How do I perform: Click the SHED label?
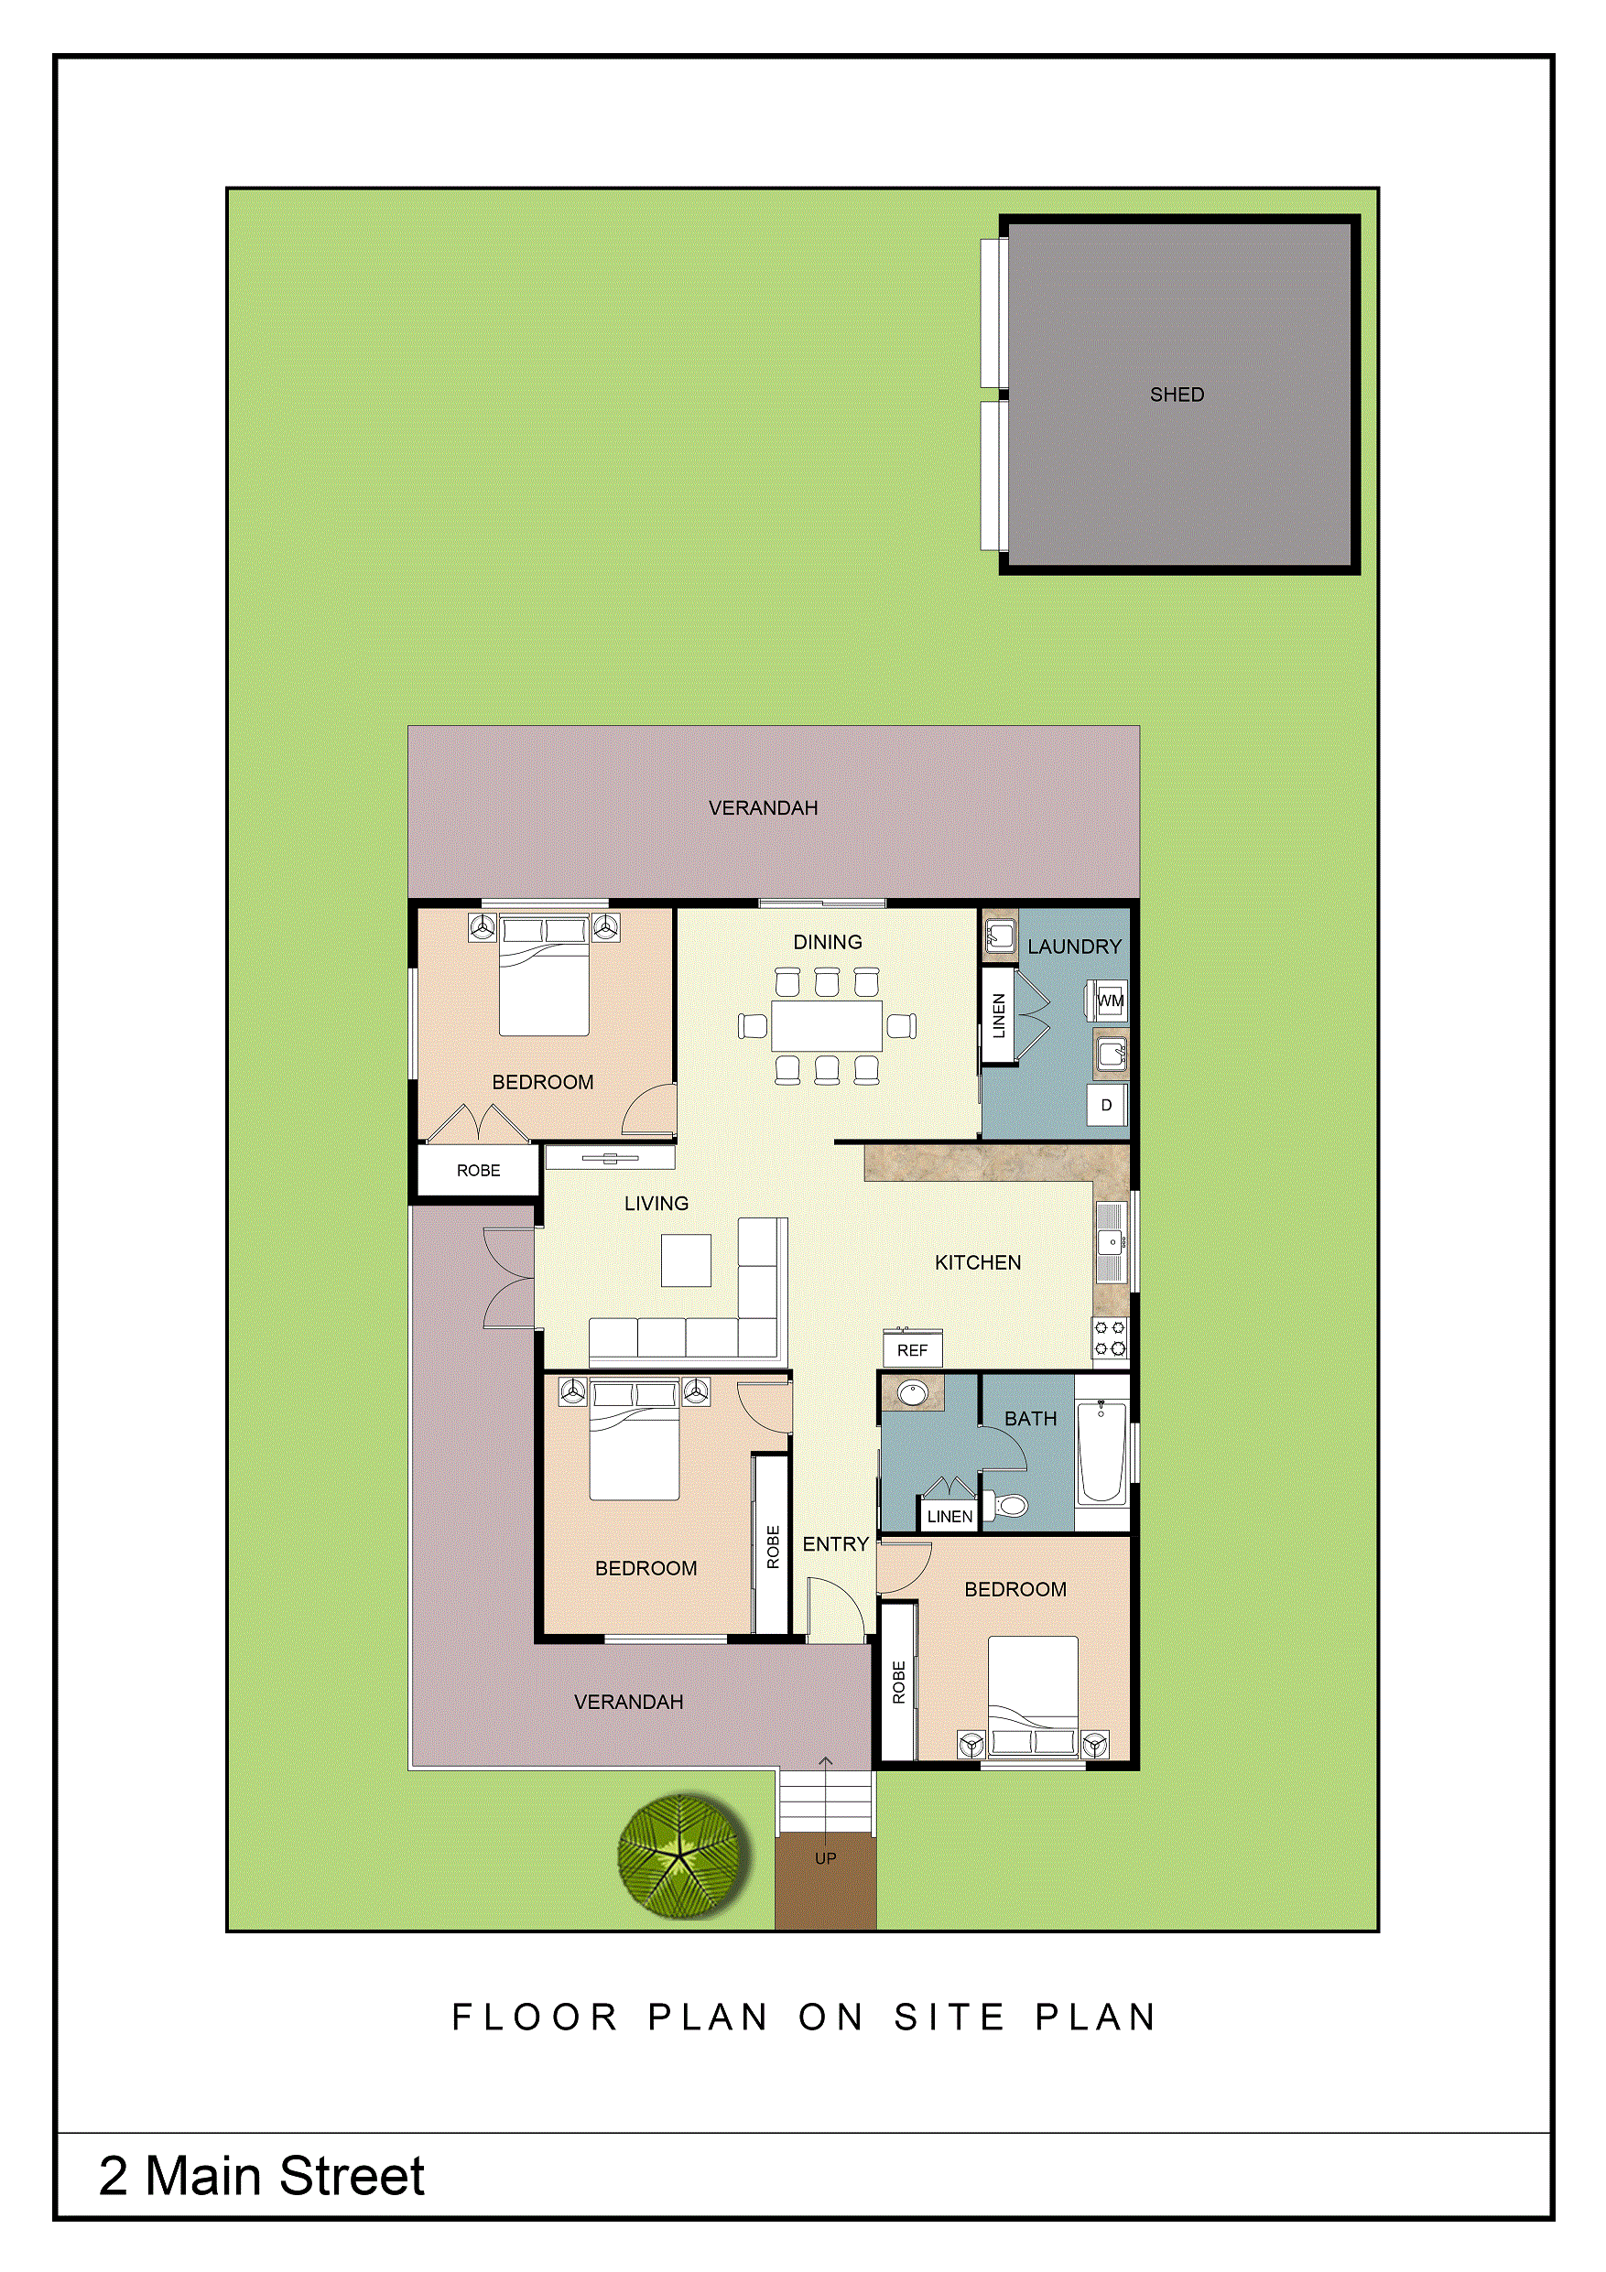pyautogui.click(x=1177, y=395)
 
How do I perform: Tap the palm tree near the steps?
pyautogui.click(x=681, y=1856)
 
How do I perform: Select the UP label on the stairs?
pyautogui.click(x=825, y=1858)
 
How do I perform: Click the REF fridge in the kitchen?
pyautogui.click(x=912, y=1348)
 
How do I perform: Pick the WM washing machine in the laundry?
pyautogui.click(x=1111, y=1001)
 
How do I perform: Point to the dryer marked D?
pyautogui.click(x=1107, y=1104)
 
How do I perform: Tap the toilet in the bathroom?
pyautogui.click(x=1005, y=1506)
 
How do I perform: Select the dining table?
pyautogui.click(x=827, y=1026)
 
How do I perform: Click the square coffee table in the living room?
pyautogui.click(x=686, y=1260)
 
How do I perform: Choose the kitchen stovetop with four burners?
pyautogui.click(x=1109, y=1338)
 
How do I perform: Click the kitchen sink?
pyautogui.click(x=1112, y=1242)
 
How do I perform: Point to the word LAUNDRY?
pyautogui.click(x=1075, y=947)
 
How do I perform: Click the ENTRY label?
pyautogui.click(x=835, y=1543)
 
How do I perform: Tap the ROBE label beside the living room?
pyautogui.click(x=478, y=1171)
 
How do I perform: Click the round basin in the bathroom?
pyautogui.click(x=912, y=1394)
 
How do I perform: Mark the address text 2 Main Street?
pyautogui.click(x=261, y=2176)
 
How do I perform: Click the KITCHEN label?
pyautogui.click(x=978, y=1262)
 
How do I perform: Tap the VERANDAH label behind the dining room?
pyautogui.click(x=763, y=808)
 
